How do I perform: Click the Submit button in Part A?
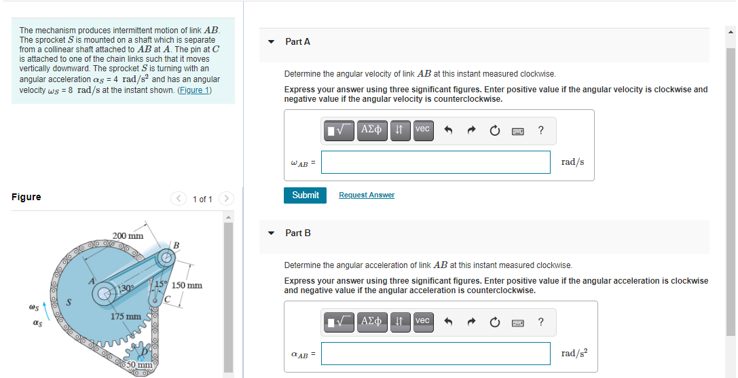pos(305,195)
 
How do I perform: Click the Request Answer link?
pos(367,195)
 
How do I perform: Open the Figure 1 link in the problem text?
pos(194,90)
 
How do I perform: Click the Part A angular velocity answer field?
pos(435,162)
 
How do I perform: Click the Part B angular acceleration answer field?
pos(435,354)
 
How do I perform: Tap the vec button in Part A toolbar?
pos(422,129)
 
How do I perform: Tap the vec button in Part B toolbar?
pos(422,320)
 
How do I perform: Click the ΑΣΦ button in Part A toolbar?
pos(372,129)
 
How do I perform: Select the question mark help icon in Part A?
pos(540,129)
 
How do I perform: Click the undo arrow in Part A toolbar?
pos(449,129)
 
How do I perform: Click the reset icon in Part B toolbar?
pos(494,320)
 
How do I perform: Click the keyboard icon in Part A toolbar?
pos(517,129)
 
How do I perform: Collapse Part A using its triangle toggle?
pos(272,42)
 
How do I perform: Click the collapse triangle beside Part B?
pos(272,233)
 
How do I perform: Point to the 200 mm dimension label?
pos(128,236)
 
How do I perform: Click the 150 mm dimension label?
pos(187,285)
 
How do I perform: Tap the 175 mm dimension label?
pos(126,316)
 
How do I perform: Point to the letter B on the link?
pos(176,244)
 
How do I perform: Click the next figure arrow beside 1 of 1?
pos(227,199)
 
